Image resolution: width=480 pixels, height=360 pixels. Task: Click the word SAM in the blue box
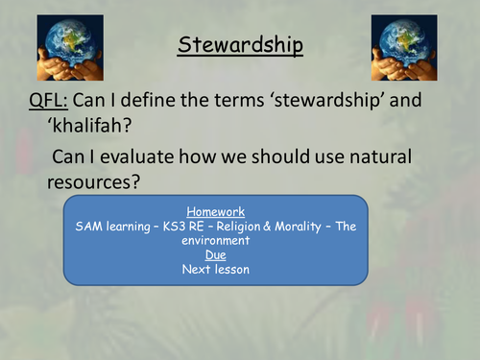click(x=88, y=228)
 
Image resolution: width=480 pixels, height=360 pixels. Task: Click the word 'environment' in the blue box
click(x=215, y=242)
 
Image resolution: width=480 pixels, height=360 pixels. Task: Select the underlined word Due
click(x=215, y=255)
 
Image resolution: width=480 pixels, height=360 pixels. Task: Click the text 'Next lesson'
click(x=215, y=269)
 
